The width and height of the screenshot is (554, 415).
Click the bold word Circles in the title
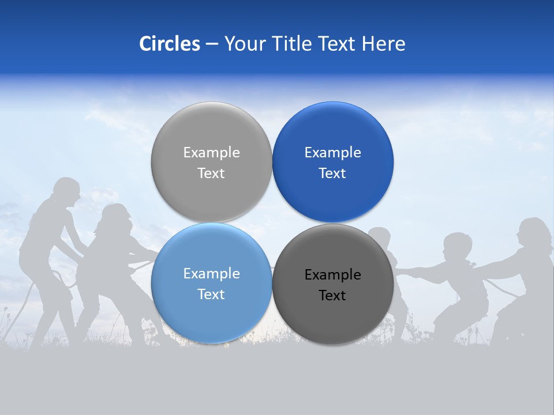(x=170, y=44)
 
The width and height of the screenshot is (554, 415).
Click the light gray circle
(x=211, y=162)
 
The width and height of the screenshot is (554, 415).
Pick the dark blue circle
(x=332, y=162)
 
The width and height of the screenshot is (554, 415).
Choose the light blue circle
(x=211, y=283)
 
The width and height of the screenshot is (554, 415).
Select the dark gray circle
(x=332, y=284)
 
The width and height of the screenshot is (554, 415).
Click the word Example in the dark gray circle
(x=332, y=275)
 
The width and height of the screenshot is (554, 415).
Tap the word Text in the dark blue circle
(x=332, y=173)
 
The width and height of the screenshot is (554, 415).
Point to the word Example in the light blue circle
(x=211, y=274)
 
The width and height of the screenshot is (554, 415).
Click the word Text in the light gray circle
(x=211, y=173)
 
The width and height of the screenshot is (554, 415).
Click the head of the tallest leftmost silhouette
(x=66, y=190)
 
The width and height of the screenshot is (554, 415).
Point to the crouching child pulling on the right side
(x=459, y=282)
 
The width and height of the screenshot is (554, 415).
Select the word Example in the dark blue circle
(x=332, y=153)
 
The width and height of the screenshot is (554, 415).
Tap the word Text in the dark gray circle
(x=332, y=296)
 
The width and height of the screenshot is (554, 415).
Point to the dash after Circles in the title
(x=212, y=44)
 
